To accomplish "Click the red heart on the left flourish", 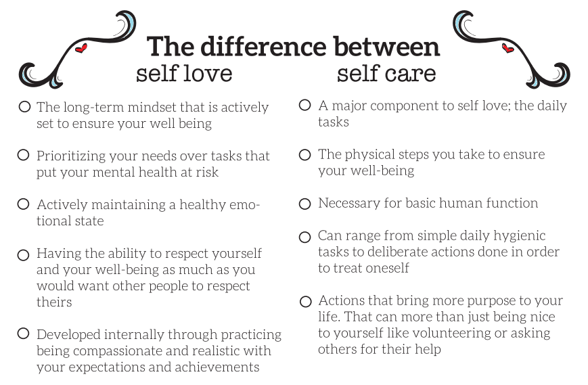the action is click(x=81, y=48).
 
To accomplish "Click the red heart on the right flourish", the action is click(x=507, y=48).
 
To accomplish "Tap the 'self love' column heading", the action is click(x=184, y=73).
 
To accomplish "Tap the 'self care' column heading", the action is click(x=386, y=73).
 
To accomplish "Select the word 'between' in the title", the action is click(x=386, y=47).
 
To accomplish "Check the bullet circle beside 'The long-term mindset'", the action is click(x=24, y=107).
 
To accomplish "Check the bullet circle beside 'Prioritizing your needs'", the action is click(x=23, y=155).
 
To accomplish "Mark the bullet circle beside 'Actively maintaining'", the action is click(x=23, y=204).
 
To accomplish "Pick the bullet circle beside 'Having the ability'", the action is click(x=23, y=255).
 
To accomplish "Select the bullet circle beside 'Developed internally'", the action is click(x=23, y=334).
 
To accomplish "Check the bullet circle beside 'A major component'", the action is click(x=305, y=105).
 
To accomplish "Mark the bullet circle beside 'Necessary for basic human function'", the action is click(x=305, y=204).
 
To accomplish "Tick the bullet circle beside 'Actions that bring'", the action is click(x=306, y=301).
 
